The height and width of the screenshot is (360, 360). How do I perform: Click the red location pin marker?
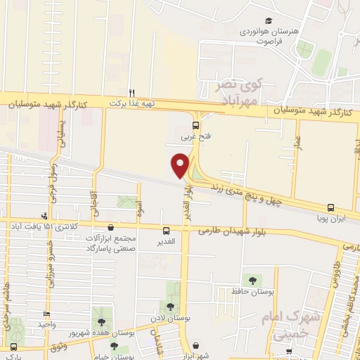(x=181, y=165)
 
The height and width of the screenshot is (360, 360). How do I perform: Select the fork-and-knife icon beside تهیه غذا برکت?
(x=131, y=92)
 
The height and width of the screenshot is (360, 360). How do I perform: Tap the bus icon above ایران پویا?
(x=330, y=207)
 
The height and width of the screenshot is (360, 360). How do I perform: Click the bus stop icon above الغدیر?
(x=167, y=230)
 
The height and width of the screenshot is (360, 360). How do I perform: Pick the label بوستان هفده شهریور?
(x=121, y=330)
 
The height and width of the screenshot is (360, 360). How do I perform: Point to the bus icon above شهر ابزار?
(x=195, y=345)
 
